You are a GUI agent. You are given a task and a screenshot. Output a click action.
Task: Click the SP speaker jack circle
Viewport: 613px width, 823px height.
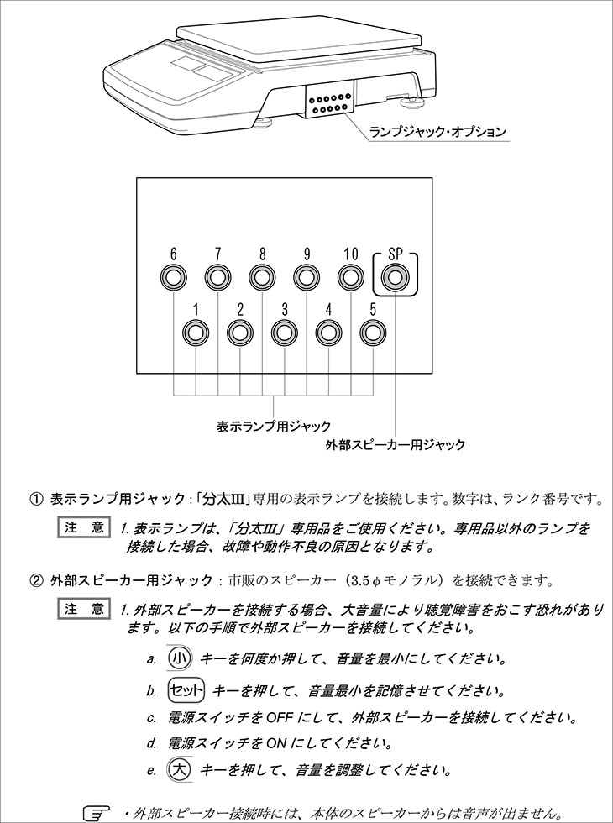394,277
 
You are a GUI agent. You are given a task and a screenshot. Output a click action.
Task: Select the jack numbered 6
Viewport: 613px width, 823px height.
174,277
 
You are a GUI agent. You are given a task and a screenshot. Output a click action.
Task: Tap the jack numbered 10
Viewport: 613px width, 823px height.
351,277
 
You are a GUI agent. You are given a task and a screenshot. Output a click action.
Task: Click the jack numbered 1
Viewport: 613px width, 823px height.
196,333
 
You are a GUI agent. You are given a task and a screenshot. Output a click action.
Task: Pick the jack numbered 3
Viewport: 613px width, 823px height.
285,333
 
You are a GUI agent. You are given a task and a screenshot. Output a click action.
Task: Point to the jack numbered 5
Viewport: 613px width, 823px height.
373,333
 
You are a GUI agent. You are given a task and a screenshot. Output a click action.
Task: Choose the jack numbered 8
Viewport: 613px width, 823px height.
262,277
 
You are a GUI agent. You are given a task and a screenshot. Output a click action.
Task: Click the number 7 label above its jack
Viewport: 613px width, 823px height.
217,253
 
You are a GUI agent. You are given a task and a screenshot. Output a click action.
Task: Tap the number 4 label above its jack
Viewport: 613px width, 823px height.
328,309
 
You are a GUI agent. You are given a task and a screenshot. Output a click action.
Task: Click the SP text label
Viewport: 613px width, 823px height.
395,253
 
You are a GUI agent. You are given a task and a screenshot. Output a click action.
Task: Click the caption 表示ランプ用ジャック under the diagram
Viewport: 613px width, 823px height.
274,426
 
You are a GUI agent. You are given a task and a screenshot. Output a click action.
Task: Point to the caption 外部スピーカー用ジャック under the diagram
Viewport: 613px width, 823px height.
395,445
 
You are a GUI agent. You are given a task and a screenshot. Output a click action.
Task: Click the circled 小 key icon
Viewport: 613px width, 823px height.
181,658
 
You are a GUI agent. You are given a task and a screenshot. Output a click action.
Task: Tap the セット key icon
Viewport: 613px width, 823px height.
186,690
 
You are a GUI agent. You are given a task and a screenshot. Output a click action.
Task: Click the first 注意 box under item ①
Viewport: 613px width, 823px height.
84,528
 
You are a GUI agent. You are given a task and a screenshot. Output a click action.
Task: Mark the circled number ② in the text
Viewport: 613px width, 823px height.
36,579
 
